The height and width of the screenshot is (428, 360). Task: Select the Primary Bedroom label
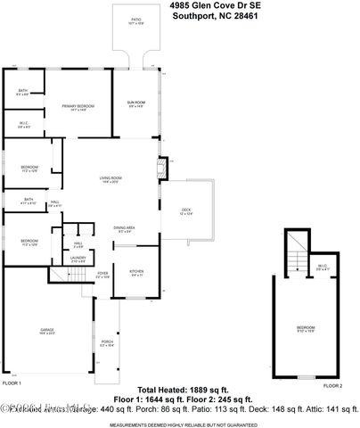click(x=78, y=107)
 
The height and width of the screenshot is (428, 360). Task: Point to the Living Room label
click(x=110, y=180)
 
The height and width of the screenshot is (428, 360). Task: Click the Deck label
click(x=186, y=212)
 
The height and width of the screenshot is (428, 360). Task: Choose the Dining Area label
click(x=124, y=230)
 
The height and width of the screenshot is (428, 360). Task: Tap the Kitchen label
click(x=137, y=274)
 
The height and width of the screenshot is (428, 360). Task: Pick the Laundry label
click(x=78, y=259)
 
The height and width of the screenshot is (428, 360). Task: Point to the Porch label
click(x=107, y=343)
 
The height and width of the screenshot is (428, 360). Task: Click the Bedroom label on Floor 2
click(x=306, y=328)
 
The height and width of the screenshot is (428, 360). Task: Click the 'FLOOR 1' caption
click(x=12, y=383)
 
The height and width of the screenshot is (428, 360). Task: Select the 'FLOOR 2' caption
click(x=332, y=385)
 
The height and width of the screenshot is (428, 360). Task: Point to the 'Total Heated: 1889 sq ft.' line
click(x=184, y=389)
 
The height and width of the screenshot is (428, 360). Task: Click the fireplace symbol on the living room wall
click(x=161, y=169)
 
